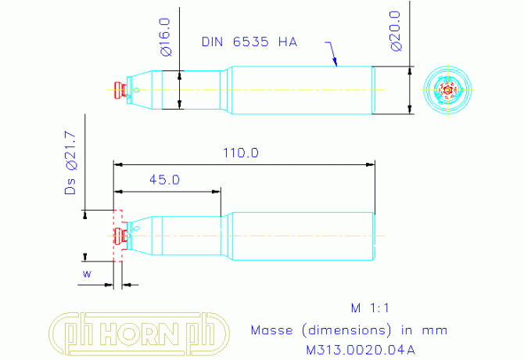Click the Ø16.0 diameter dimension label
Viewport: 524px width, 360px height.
[x=166, y=37]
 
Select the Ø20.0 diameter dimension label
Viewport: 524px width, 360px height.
[x=396, y=31]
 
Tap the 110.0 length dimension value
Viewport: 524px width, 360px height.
[x=241, y=153]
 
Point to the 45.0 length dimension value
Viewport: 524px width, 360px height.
[x=164, y=180]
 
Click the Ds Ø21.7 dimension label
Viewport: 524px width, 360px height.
[x=70, y=163]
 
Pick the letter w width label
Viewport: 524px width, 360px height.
[x=87, y=274]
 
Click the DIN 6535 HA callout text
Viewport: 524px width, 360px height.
[x=249, y=41]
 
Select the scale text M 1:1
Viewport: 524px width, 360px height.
[x=370, y=308]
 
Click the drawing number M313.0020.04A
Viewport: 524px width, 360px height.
[x=361, y=350]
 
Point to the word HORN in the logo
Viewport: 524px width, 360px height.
[x=138, y=333]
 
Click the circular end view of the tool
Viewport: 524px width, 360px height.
[x=448, y=90]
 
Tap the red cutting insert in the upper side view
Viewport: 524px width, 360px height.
[x=120, y=90]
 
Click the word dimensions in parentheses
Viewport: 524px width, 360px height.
[x=346, y=330]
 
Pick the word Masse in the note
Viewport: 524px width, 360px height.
[x=271, y=330]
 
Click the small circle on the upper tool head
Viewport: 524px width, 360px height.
[x=136, y=89]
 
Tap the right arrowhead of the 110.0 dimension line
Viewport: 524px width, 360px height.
[x=370, y=164]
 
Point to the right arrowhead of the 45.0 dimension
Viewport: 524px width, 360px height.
[x=216, y=192]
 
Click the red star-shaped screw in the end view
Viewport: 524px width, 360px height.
[x=447, y=90]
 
